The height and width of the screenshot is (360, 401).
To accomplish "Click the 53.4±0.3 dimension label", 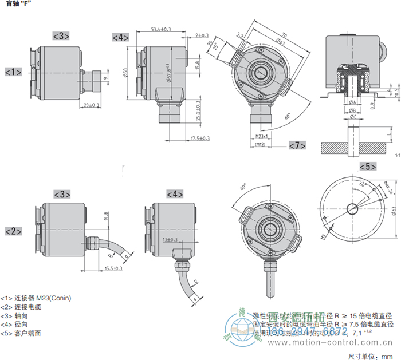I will click(x=160, y=29).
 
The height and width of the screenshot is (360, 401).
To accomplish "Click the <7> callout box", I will click(x=297, y=145).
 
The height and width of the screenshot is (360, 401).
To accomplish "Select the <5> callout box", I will click(x=367, y=167).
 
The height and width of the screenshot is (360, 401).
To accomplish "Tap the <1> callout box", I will click(x=13, y=72).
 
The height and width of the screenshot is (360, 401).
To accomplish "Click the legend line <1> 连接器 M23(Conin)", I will click(x=36, y=298).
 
